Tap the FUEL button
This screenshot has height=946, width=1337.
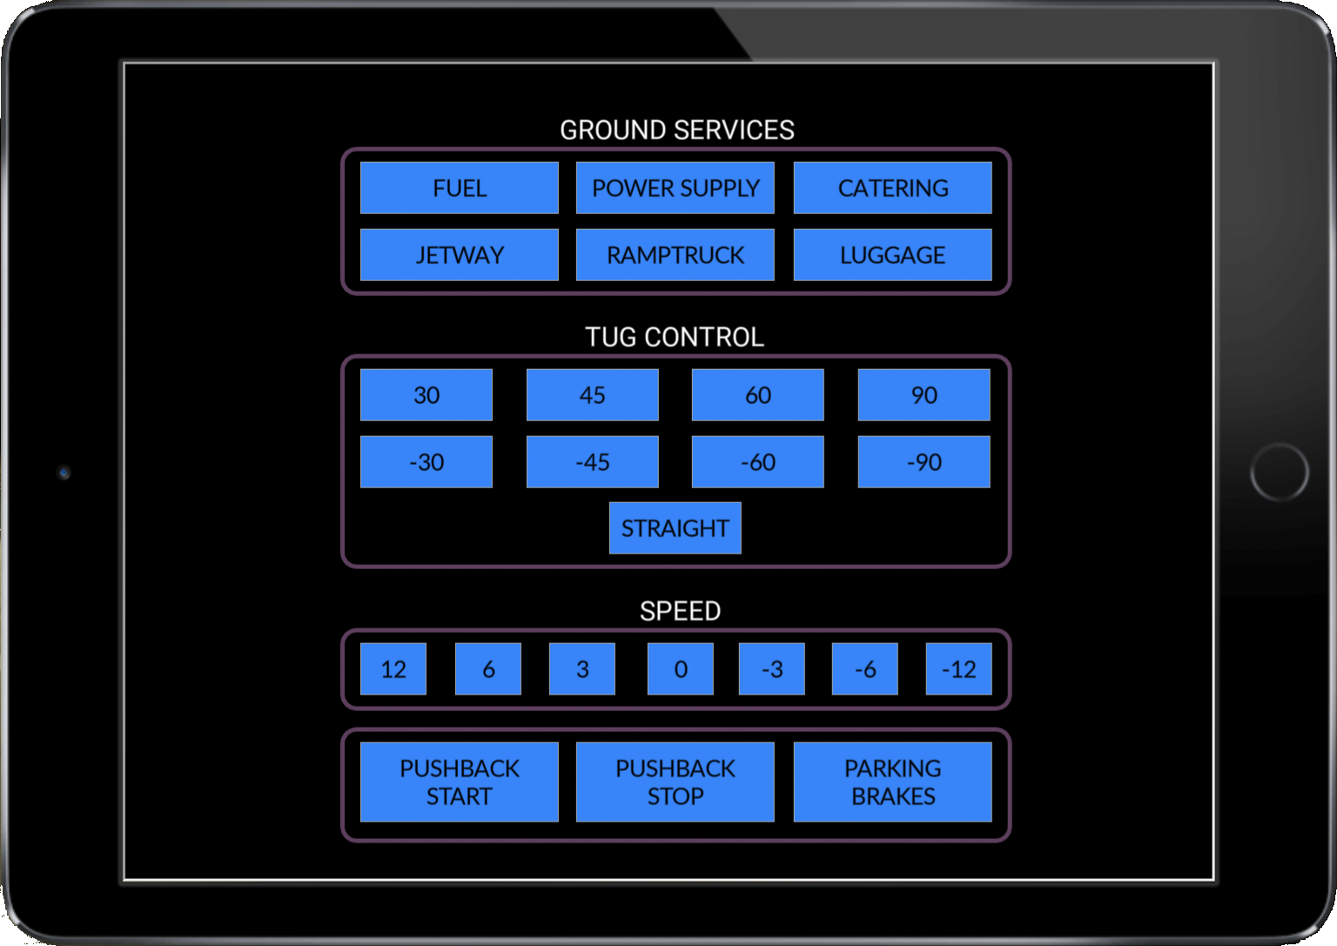460,188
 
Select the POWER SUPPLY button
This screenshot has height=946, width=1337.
675,188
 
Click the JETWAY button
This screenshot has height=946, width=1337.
460,255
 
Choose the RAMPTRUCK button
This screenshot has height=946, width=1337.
675,255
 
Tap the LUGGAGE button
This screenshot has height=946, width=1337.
892,255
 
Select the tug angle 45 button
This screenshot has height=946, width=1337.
592,395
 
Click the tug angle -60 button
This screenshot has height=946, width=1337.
757,462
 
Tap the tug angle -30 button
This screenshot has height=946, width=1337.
427,462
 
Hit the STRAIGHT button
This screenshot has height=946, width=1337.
675,528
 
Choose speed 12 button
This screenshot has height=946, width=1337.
393,669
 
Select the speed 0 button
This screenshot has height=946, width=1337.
681,669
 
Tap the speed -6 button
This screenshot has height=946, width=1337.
865,669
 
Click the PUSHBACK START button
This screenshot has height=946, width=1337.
460,782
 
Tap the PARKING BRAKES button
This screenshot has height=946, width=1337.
892,782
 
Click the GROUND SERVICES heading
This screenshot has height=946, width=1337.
676,130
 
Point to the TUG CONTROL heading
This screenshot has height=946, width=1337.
675,337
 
